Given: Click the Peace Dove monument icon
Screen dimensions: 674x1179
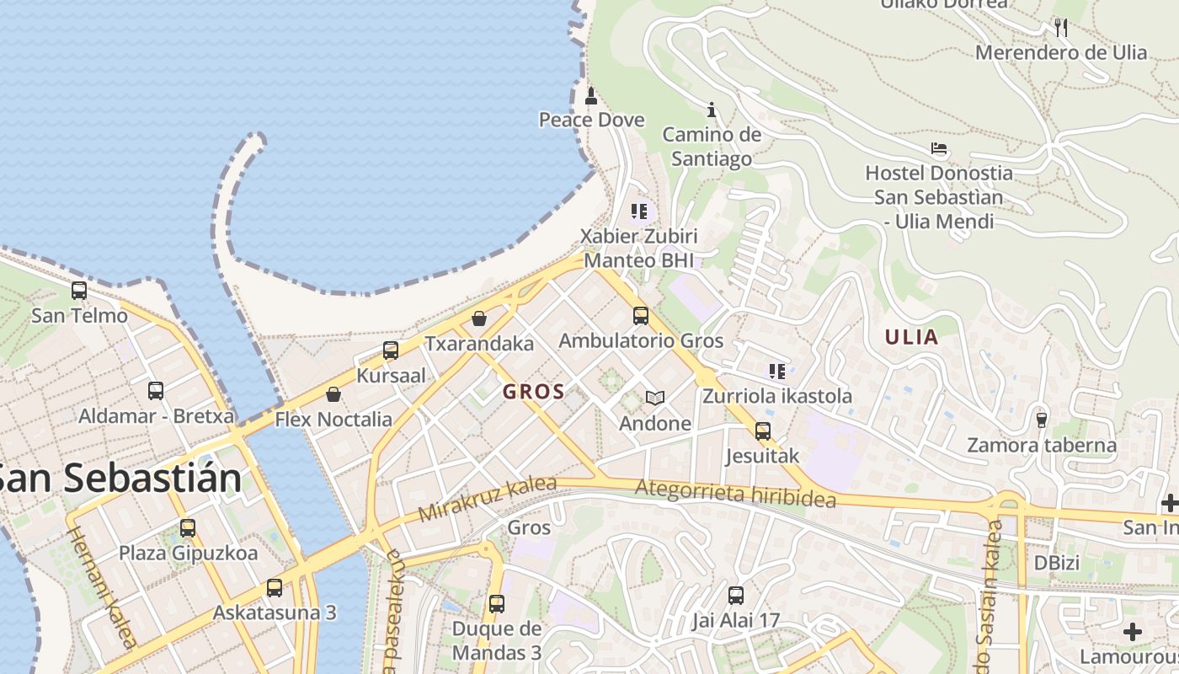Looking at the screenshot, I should (x=591, y=95).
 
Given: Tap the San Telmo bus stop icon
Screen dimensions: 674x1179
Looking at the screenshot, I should (x=79, y=291).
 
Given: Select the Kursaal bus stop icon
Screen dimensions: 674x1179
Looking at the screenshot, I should (x=391, y=350).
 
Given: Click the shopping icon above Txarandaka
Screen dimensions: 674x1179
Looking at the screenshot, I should (x=479, y=318).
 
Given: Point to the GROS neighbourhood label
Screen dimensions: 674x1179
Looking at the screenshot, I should (x=534, y=392).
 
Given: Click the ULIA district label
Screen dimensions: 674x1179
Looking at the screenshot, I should (x=911, y=338).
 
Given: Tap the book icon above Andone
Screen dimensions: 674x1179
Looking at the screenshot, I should (x=655, y=399).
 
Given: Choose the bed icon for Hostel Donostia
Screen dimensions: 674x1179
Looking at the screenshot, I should (x=940, y=149).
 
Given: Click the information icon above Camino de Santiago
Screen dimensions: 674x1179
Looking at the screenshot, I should (x=712, y=110).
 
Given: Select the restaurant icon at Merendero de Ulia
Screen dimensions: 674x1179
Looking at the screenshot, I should (x=1061, y=28).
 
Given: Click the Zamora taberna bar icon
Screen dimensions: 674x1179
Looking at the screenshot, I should (x=1042, y=420).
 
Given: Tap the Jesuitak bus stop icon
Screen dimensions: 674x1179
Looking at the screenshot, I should (x=763, y=431).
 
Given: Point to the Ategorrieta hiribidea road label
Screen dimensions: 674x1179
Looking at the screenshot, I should (x=735, y=494).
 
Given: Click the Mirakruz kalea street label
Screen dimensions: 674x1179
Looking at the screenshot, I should (x=488, y=499).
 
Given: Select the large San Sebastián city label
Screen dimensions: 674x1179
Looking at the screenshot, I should (x=120, y=479).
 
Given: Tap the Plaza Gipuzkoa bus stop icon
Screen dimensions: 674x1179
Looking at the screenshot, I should (x=188, y=528).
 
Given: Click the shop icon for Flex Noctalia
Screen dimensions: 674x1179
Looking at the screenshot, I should (x=333, y=394).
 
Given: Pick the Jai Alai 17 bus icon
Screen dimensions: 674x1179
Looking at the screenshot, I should (x=736, y=596).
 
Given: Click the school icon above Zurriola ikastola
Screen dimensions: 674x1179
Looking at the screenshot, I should (x=777, y=371).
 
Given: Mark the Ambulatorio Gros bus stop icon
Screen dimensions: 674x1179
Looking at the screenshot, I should (x=641, y=316).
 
